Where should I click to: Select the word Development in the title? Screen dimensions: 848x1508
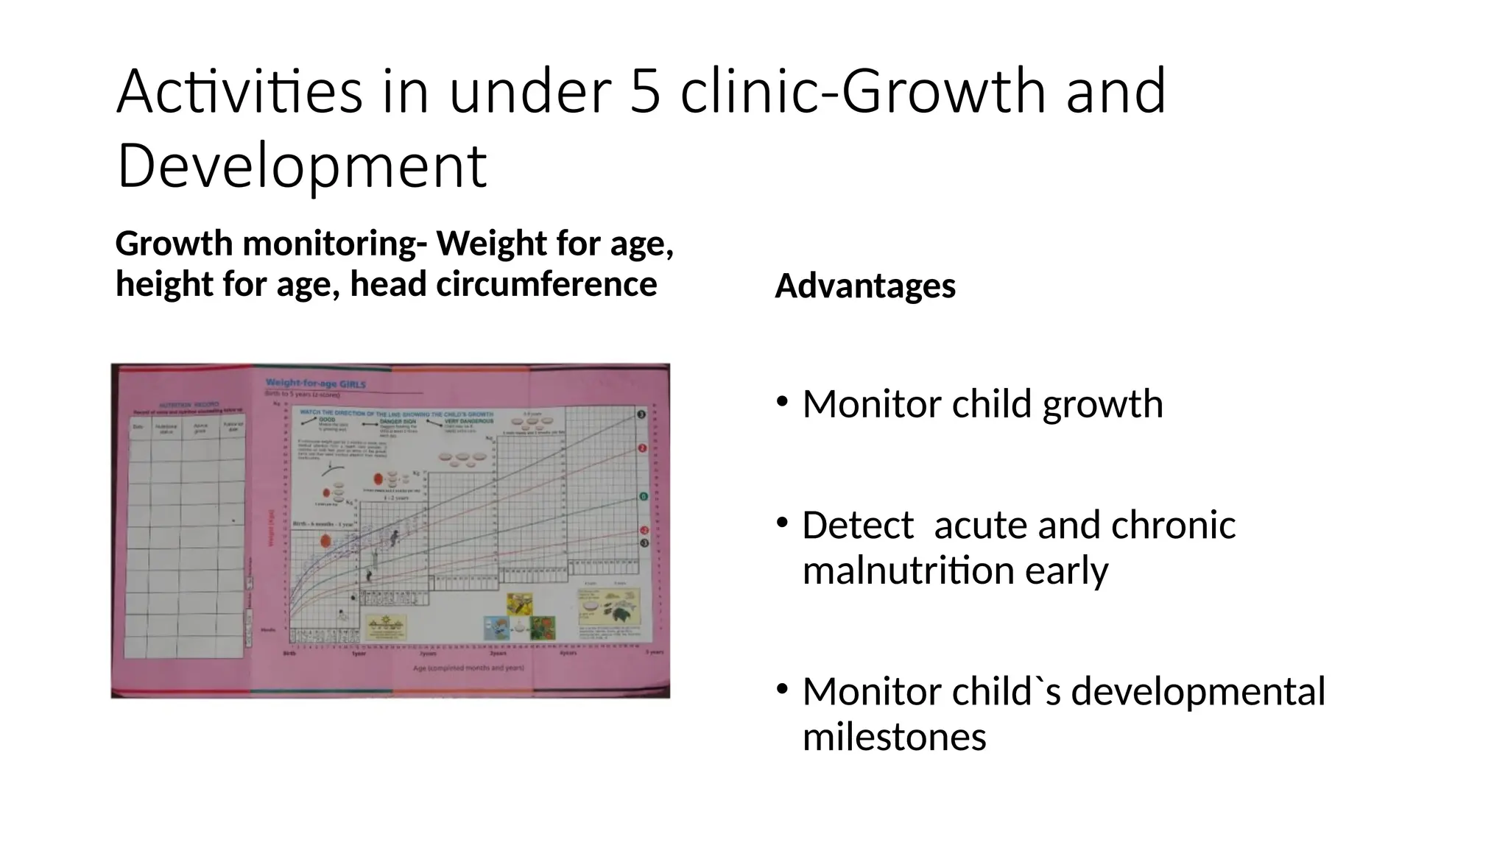coord(301,166)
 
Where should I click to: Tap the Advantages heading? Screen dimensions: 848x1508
coord(864,286)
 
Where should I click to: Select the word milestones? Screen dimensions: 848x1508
coord(894,737)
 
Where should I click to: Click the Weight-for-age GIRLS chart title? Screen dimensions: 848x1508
coord(315,384)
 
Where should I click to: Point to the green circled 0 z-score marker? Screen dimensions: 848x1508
coord(642,497)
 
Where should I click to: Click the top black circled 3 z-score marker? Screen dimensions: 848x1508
coord(641,415)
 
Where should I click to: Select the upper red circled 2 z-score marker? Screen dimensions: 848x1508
coord(642,448)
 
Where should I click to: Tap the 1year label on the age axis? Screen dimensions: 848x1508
coord(359,653)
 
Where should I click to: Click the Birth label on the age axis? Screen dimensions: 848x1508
coord(289,653)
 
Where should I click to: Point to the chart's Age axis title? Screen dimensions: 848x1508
coord(468,668)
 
